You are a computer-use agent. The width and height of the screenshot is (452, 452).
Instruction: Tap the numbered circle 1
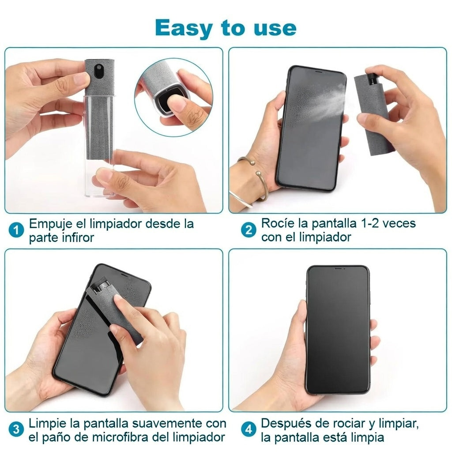tap(16, 230)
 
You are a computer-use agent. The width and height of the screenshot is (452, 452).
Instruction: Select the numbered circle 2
tap(249, 230)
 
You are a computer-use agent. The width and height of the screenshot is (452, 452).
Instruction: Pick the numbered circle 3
tap(16, 429)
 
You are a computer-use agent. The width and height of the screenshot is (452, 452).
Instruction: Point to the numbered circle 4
tap(249, 429)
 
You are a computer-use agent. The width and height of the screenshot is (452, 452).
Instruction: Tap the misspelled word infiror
tap(78, 237)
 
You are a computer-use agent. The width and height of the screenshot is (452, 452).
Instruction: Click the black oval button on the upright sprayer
tap(99, 70)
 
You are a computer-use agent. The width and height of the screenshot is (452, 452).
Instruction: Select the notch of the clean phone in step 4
tap(338, 268)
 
